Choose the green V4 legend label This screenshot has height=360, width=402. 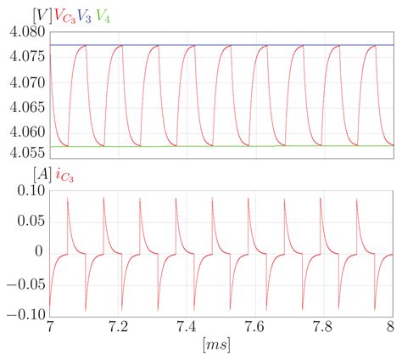102,15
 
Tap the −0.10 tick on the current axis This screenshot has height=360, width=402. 25,313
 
